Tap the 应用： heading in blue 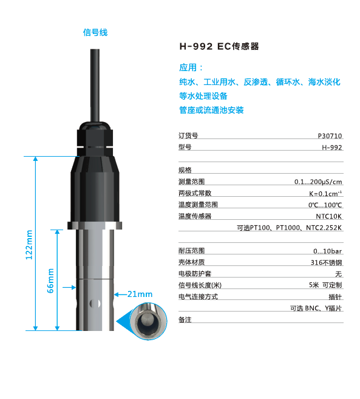tap(191, 67)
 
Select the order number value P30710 tap(330, 137)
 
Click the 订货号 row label tap(188, 137)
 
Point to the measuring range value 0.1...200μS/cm tap(318, 182)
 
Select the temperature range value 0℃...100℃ tap(325, 205)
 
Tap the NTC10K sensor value tap(329, 216)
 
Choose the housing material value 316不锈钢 tap(327, 262)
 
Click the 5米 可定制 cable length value tap(325, 285)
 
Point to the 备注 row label tap(185, 319)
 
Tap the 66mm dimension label tap(50, 281)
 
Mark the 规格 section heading tap(185, 170)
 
